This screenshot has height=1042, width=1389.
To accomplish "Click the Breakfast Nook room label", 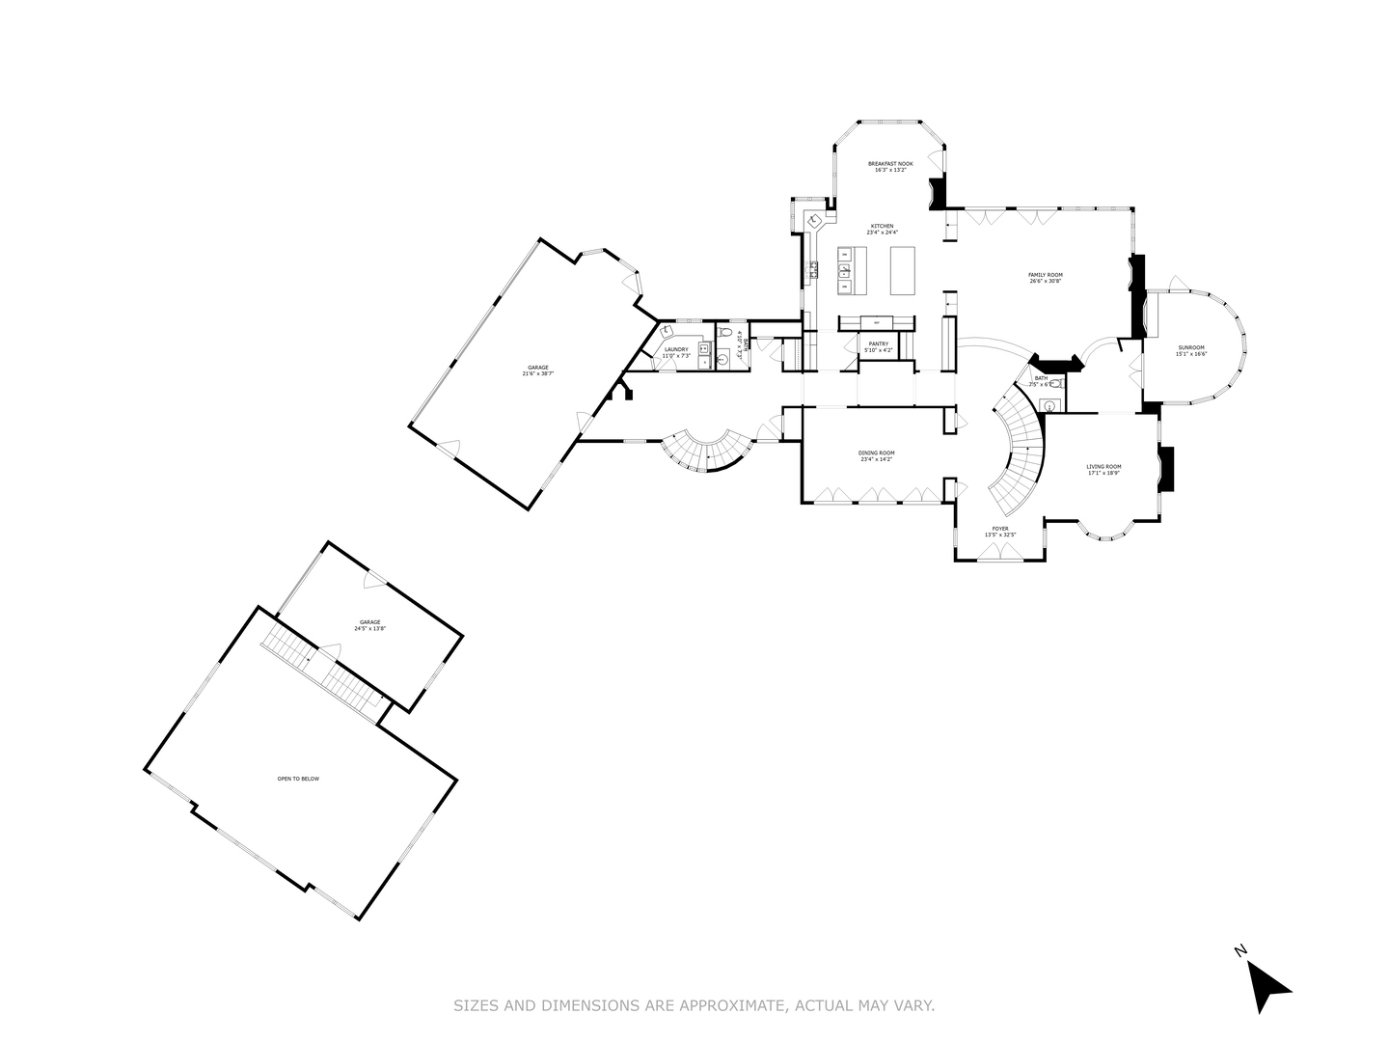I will tap(889, 164).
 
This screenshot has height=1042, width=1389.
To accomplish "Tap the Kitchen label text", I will tap(882, 227).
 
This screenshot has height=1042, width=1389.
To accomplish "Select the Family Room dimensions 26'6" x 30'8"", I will tap(1045, 282).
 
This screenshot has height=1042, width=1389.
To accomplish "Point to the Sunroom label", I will tap(1190, 347).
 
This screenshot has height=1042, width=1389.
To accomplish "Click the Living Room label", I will tap(1103, 467).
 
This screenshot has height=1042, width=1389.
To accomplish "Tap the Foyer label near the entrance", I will tap(1000, 529).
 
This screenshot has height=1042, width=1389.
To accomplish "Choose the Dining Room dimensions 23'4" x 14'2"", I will tap(877, 459).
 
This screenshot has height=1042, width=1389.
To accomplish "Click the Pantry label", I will tap(878, 343).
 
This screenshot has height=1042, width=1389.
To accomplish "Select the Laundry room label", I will tap(675, 349).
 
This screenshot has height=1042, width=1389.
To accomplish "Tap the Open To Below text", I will tap(298, 779).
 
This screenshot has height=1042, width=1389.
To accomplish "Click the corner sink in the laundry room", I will tap(667, 330).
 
